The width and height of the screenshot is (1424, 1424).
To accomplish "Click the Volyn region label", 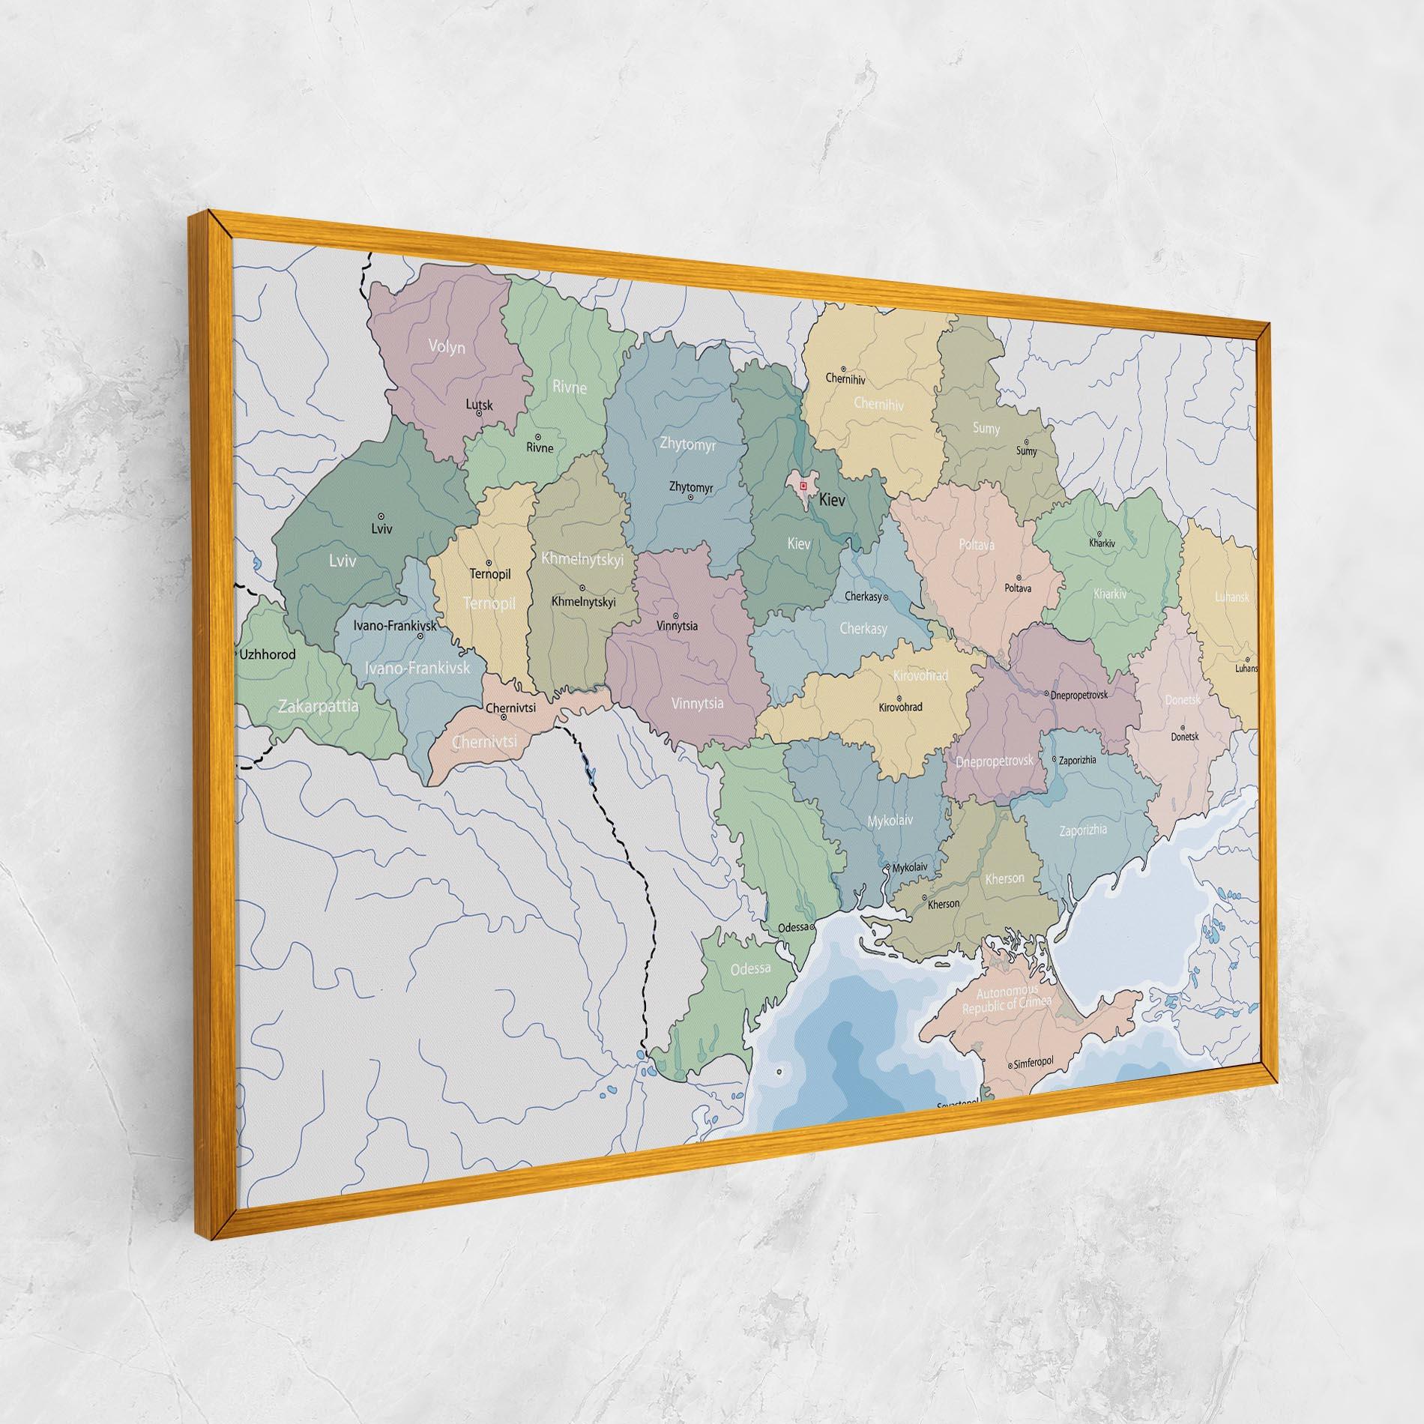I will point(447,346).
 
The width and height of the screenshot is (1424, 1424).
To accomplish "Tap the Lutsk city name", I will point(480,405).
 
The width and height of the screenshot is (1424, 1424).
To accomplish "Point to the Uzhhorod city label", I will point(268,654).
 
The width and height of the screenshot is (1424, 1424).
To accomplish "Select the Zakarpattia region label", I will point(318,706).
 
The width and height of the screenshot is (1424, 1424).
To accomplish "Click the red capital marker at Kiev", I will point(803,486).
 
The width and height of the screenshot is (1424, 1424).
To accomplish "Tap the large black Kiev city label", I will point(832,500).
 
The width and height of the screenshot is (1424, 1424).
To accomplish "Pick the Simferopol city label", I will point(1034,1063).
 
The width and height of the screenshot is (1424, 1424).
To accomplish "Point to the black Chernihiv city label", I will point(845,378).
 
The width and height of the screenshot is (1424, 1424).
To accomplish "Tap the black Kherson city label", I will point(944,904).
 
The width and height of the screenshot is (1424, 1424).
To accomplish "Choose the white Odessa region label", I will point(750,968).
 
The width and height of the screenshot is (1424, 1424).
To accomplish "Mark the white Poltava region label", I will point(977,545).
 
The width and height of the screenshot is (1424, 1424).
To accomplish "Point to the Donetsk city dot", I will point(1183,727).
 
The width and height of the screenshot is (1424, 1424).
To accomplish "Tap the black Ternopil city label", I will point(489,575).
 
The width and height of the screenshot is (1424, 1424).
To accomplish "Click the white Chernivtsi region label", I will point(485,741).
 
